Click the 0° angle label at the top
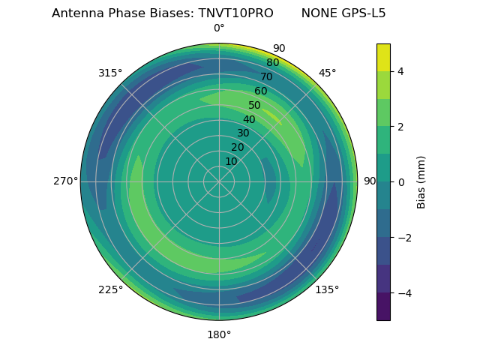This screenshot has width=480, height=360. coord(219,28)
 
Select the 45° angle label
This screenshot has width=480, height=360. coord(327,73)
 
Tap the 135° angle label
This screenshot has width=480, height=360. coord(327,289)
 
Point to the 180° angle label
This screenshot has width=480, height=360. coord(219,334)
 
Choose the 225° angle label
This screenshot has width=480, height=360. coord(110,289)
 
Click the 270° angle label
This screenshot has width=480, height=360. coord(65,181)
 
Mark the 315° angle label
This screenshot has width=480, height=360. coord(110,73)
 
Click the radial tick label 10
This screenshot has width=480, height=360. coord(231,161)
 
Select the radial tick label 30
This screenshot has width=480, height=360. coord(243,133)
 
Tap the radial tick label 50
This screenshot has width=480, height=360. coord(254,106)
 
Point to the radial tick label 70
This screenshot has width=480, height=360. coord(266,77)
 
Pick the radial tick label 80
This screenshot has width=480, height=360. coord(272,63)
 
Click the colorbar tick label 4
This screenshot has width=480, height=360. coord(400,71)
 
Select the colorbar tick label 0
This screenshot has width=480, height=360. coord(400,181)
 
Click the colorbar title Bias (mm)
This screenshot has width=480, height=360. coord(421,181)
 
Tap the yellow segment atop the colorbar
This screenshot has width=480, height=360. coord(383,57)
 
